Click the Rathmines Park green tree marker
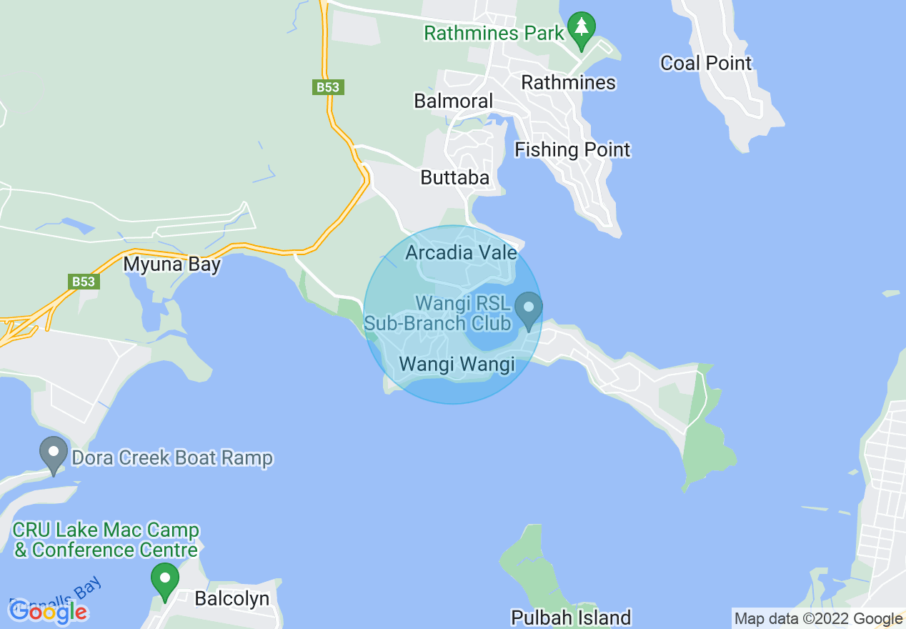pos(582,28)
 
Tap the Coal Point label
pos(706,63)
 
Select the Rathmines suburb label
pos(568,82)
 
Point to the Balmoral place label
pos(454,101)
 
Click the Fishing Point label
pos(572,150)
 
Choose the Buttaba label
pos(455,177)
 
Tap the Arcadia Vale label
pos(461,252)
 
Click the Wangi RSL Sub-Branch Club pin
pos(529,309)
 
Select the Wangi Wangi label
pos(457,364)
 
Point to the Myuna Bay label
pos(171,264)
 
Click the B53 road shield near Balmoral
pos(329,87)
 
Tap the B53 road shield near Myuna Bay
pos(84,281)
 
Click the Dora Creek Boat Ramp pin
pos(53,454)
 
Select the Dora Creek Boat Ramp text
pos(170,457)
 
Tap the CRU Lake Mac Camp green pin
pos(165,580)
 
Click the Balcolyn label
pos(232,598)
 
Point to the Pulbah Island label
pos(571,617)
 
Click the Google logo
pos(48,611)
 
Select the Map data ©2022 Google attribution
pos(818,619)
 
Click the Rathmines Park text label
pos(494,33)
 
